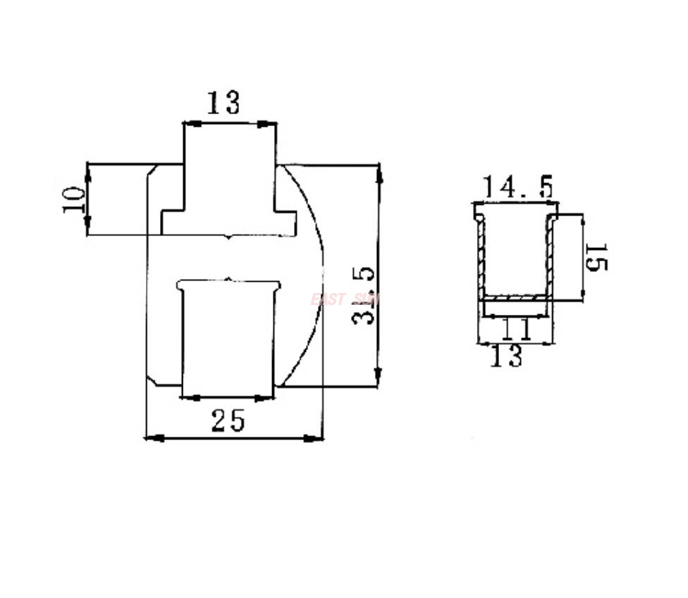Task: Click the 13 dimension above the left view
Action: pos(223,104)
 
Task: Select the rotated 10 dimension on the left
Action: pos(73,199)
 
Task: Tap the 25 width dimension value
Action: pos(228,421)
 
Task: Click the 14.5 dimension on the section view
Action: pos(517,187)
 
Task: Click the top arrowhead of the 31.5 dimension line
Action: pos(379,173)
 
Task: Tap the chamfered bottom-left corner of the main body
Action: pos(152,380)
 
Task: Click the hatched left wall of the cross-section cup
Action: pos(481,257)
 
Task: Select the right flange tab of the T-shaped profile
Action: pos(285,221)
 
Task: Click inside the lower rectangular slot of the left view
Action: pos(228,338)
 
